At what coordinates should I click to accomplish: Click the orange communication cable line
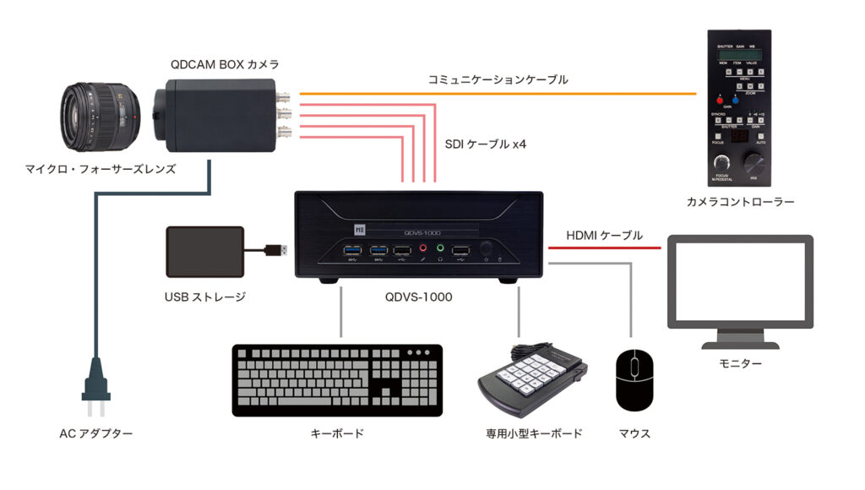click(498, 93)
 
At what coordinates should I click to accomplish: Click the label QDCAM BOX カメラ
click(225, 64)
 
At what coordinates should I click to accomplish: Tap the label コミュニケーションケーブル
click(498, 79)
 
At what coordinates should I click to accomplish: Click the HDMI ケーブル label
click(604, 234)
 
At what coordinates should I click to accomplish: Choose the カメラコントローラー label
click(740, 202)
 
